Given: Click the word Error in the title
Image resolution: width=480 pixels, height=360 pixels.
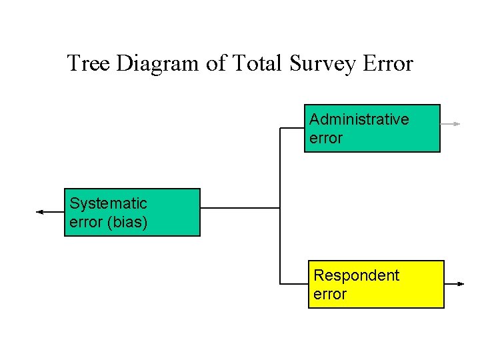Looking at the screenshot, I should click(x=388, y=64).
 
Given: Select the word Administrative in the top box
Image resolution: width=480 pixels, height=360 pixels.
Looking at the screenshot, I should click(x=359, y=119).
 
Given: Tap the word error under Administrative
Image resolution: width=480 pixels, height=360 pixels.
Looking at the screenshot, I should click(x=326, y=139).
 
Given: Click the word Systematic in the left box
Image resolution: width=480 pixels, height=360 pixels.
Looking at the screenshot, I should click(x=108, y=203).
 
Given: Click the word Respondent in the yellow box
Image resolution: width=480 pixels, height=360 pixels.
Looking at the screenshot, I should click(x=356, y=275).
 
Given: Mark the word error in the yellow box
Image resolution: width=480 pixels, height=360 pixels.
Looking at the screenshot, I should click(x=330, y=295).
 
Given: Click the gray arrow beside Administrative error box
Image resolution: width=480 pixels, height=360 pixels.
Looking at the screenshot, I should click(x=451, y=124).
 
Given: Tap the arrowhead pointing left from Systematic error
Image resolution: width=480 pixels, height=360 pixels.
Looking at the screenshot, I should click(x=40, y=212).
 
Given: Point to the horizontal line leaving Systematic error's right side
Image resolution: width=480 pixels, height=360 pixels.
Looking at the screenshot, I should click(x=240, y=208).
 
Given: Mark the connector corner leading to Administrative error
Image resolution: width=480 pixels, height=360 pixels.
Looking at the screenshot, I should click(x=281, y=128).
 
